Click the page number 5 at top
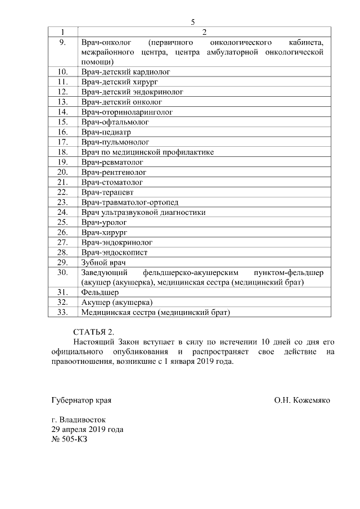click(x=193, y=22)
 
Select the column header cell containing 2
click(x=204, y=32)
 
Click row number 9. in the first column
click(x=62, y=42)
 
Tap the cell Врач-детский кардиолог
click(x=125, y=72)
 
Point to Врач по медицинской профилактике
click(x=147, y=152)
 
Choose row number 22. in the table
click(x=62, y=192)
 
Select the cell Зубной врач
click(x=101, y=262)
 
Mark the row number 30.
click(x=62, y=272)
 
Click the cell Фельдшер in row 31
click(x=100, y=292)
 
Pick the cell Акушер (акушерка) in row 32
click(x=117, y=303)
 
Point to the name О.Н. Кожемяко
click(x=302, y=400)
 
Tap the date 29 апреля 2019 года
click(x=87, y=430)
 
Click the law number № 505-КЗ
click(x=69, y=439)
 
